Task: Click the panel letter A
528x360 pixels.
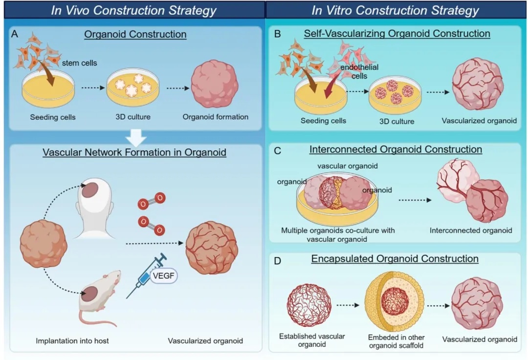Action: click(15, 35)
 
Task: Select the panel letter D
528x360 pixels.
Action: click(278, 261)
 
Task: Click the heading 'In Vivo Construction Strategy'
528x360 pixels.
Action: click(133, 10)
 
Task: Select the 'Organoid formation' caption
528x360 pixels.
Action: click(215, 117)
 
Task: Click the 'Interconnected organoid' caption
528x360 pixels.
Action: click(471, 230)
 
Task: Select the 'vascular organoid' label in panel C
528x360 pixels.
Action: click(347, 166)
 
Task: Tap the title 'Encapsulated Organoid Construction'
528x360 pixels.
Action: click(395, 258)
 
